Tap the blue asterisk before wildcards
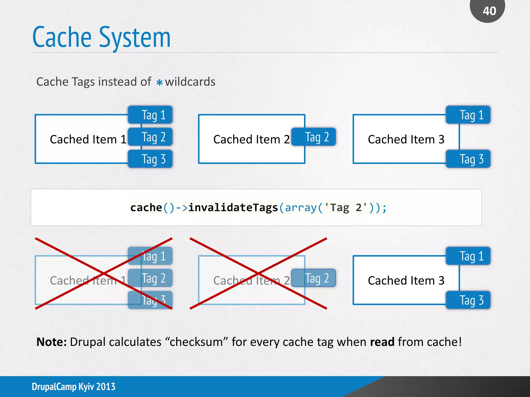coord(159,82)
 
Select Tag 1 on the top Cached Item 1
coord(150,115)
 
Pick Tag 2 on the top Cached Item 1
coord(150,137)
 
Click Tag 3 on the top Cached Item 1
coord(150,159)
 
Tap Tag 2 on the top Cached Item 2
coord(314,137)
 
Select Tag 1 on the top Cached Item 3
coord(468,115)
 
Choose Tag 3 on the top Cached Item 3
coord(468,159)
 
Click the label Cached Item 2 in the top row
coord(251,139)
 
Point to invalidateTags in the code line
coord(233,208)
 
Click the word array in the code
coord(301,208)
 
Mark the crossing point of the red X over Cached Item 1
coord(104,273)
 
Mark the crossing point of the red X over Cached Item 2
coord(258,273)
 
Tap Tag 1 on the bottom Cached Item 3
coord(468,256)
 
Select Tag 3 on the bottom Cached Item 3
coord(468,300)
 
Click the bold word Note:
coord(51,342)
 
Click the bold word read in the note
coord(382,342)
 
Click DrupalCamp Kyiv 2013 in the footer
coord(73,387)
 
